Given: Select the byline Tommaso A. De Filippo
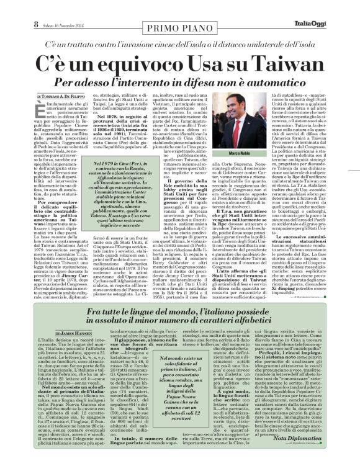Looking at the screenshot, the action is click(x=65, y=97).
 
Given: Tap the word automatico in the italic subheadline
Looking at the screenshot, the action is click(x=287, y=81).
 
